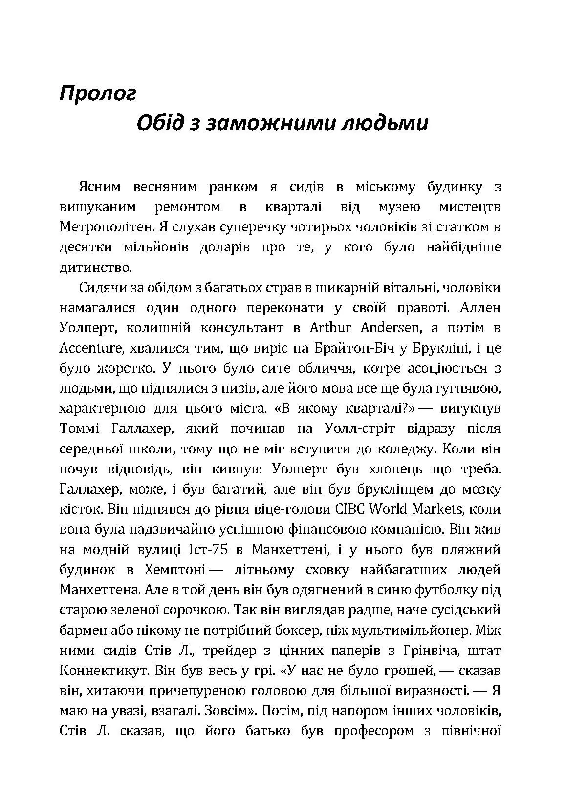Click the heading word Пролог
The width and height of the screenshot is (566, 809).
[x=97, y=93]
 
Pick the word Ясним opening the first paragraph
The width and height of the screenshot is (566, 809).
[x=99, y=187]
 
